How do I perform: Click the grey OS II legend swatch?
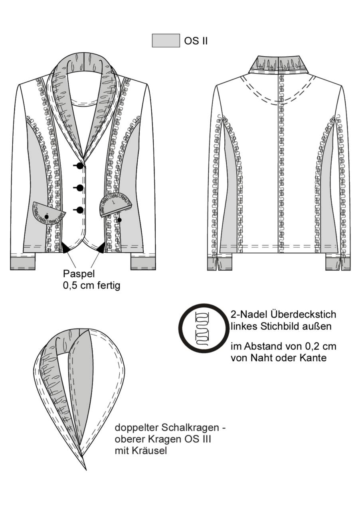(x=166, y=41)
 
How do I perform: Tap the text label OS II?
(x=196, y=41)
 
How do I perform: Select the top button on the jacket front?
(x=80, y=166)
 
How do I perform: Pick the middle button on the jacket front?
(x=80, y=188)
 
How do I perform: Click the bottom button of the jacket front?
(x=80, y=210)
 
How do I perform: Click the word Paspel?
(x=79, y=274)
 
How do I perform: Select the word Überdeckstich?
(x=303, y=315)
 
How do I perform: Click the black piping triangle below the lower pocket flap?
(x=66, y=248)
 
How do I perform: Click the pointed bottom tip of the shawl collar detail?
(x=86, y=470)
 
